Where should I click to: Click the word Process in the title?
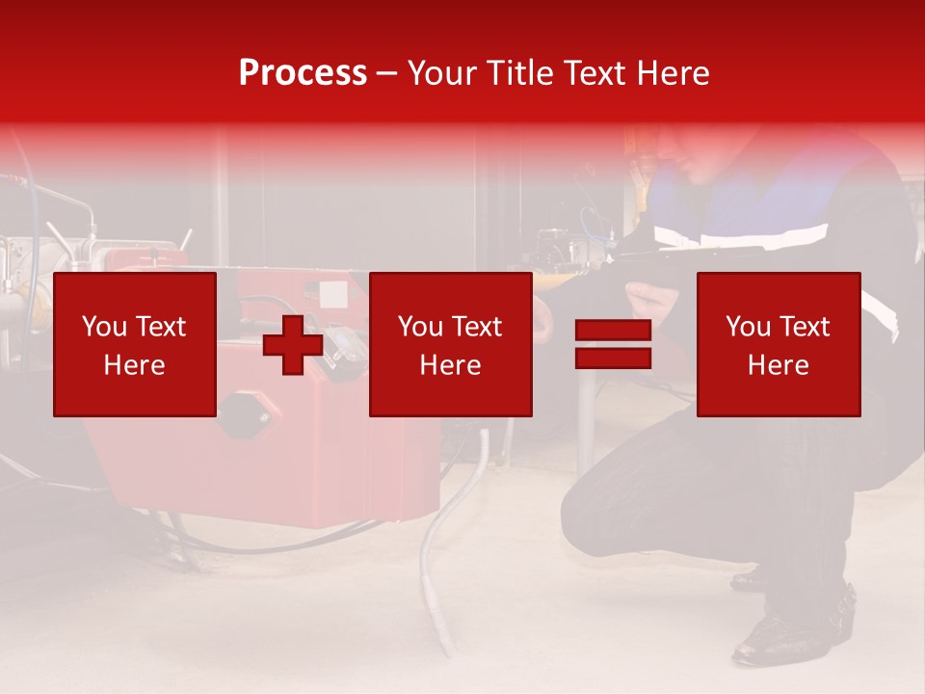303,73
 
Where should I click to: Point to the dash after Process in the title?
386,74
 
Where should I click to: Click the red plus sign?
292,344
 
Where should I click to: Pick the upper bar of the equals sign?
613,331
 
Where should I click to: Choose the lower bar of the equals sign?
613,358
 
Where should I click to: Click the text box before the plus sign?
134,344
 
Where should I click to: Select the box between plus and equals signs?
450,344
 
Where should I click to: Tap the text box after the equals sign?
778,344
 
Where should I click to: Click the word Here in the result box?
778,365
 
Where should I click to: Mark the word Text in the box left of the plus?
162,327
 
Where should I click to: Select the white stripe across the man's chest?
742,234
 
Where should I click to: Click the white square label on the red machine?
332,292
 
